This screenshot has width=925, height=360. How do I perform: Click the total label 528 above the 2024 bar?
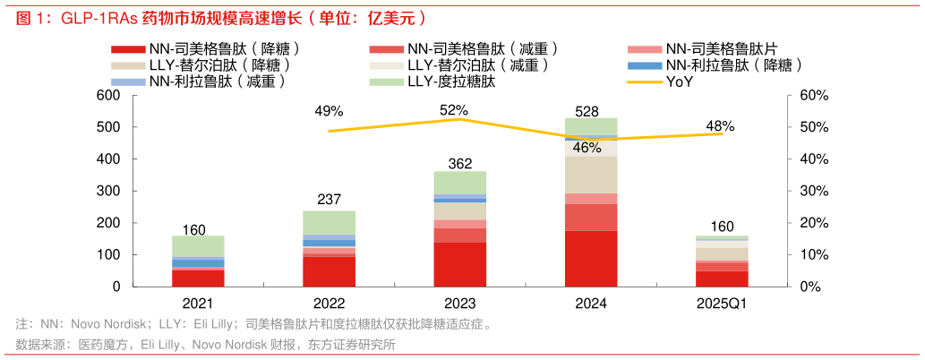click(592, 111)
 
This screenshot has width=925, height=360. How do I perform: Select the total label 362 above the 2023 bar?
click(460, 164)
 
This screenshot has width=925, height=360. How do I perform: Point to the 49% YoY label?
click(329, 111)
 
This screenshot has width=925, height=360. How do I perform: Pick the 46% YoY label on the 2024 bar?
click(587, 148)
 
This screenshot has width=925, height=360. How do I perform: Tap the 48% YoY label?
click(720, 126)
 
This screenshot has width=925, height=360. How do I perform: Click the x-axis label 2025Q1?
click(722, 304)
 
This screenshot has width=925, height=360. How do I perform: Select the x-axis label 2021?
click(198, 304)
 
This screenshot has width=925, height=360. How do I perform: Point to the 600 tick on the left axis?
click(107, 96)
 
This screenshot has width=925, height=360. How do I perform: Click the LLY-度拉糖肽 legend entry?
click(451, 82)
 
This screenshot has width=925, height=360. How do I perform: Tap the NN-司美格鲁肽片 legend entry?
click(724, 49)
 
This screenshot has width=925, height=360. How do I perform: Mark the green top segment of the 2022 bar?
click(329, 223)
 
